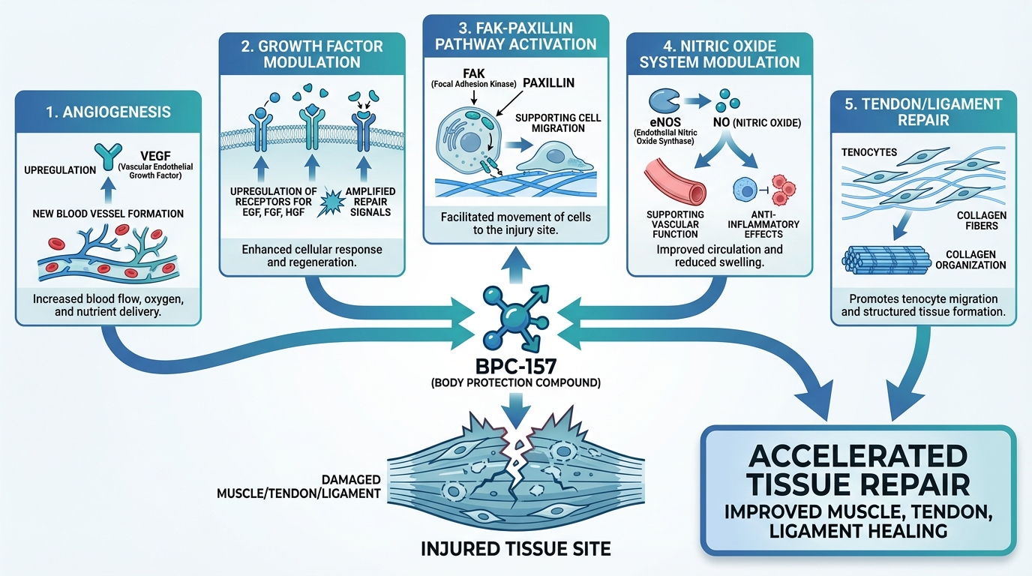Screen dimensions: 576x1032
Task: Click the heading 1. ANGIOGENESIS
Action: pyautogui.click(x=108, y=112)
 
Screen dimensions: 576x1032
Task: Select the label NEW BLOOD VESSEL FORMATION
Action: pyautogui.click(x=109, y=214)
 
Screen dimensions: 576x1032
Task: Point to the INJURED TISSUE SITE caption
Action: pyautogui.click(x=517, y=548)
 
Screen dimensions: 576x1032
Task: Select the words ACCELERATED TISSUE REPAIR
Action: pyautogui.click(x=859, y=469)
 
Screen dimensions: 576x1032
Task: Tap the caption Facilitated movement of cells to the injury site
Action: pyautogui.click(x=515, y=223)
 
